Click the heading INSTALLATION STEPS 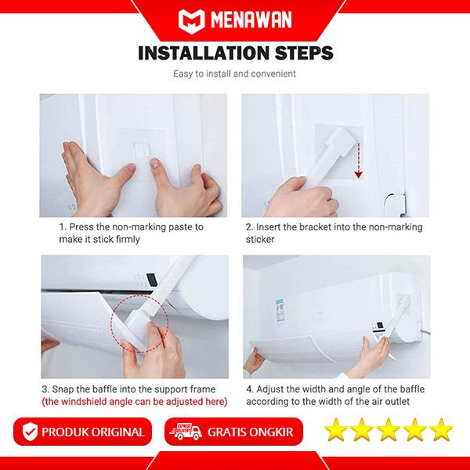click(235, 53)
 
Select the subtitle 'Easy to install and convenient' click(235, 75)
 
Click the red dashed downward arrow click(358, 159)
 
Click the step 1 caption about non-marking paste click(132, 233)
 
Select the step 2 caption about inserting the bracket click(334, 233)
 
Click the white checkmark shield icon click(30, 432)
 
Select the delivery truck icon click(182, 432)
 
